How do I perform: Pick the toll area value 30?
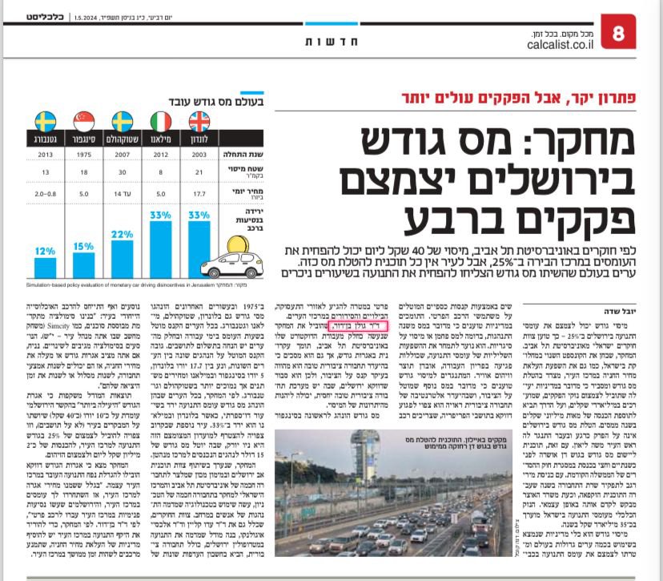(x=122, y=174)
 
